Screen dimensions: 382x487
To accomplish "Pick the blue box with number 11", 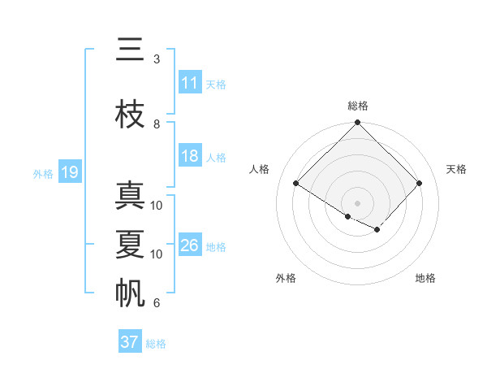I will [190, 84].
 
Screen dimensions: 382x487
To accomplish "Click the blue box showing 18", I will [190, 157].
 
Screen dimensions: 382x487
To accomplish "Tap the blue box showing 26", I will [190, 246].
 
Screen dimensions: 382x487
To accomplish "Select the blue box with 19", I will [69, 172].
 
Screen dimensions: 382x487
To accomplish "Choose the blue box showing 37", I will [130, 342].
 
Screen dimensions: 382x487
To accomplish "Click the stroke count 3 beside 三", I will [157, 59].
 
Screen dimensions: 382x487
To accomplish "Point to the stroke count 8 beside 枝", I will [157, 124].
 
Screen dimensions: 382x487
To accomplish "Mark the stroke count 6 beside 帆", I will [157, 303].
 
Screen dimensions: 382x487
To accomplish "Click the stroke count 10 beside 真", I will [157, 206].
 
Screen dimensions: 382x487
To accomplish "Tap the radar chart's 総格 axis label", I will [358, 106].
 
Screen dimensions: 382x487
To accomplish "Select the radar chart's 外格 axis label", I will [286, 278].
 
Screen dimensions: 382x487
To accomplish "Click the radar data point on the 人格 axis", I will [296, 184].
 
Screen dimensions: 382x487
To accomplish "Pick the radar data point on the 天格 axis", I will [420, 184].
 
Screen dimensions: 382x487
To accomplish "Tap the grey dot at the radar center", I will [358, 202].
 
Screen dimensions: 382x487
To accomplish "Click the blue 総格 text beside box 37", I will [156, 344].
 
